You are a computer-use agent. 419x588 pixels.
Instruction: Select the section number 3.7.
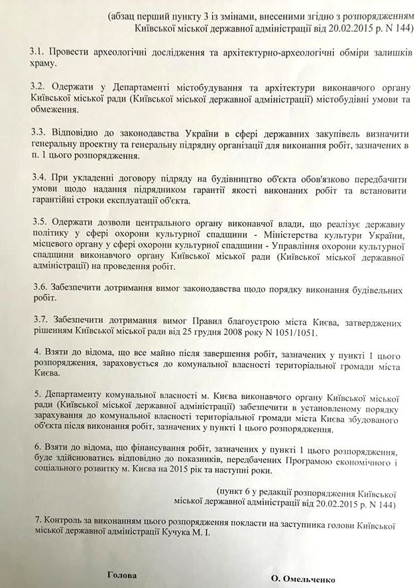click(38, 322)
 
